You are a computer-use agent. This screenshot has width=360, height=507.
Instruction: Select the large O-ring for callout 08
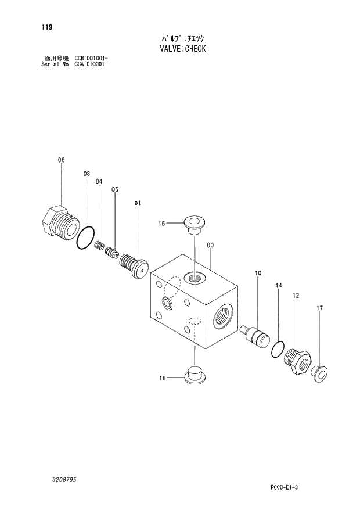coord(87,238)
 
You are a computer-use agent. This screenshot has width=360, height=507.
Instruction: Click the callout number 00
coord(210,245)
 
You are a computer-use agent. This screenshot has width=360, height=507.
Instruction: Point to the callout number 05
coord(115,190)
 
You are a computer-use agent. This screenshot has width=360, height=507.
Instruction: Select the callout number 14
coord(278,286)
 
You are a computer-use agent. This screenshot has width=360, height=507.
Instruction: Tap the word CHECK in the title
coord(195,49)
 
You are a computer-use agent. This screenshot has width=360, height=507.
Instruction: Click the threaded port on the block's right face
coord(222,314)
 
